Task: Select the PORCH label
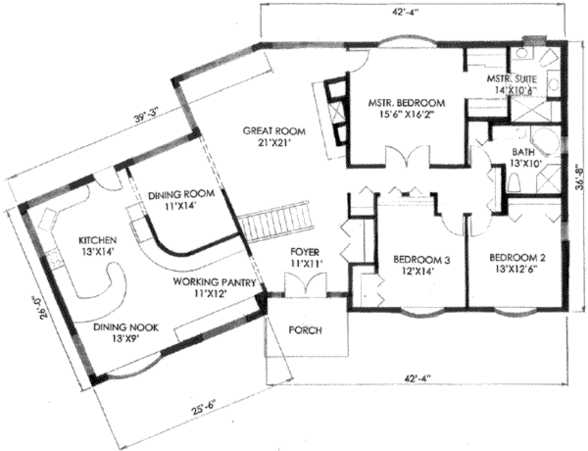305,330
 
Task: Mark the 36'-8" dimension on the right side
581,176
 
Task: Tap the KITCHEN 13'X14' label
98,244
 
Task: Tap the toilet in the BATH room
515,182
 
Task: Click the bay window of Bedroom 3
421,313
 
